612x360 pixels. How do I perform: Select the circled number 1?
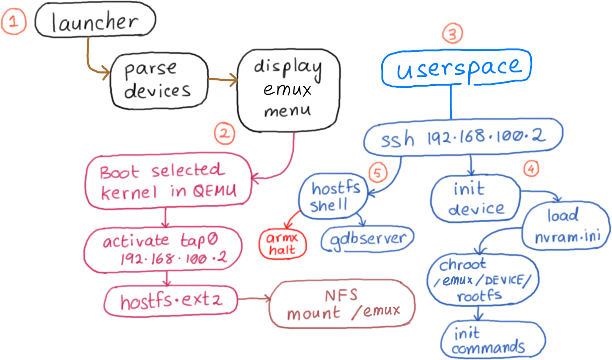(14, 22)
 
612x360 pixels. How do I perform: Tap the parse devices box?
(159, 81)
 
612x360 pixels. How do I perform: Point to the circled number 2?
(225, 134)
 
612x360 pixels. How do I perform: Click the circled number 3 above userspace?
(452, 33)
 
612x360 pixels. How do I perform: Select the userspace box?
(457, 68)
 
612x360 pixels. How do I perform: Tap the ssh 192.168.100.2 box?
(463, 137)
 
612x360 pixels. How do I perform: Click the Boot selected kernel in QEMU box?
(168, 181)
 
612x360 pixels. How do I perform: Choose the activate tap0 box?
(163, 249)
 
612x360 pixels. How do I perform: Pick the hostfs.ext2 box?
(171, 301)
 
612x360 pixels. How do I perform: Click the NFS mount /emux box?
(343, 304)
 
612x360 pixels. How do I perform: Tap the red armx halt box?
(283, 244)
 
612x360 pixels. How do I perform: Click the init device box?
(475, 199)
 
